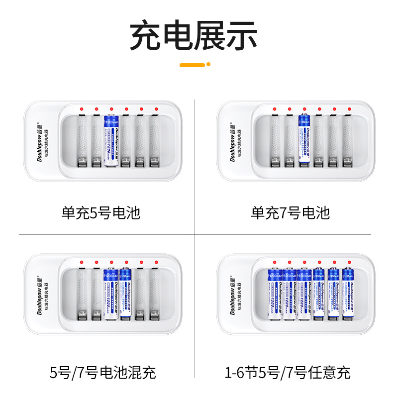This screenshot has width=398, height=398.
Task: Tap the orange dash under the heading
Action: [192, 65]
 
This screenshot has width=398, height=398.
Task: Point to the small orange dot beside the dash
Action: [208, 64]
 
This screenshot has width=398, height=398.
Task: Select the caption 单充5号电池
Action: [101, 213]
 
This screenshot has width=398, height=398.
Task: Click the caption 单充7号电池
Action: [290, 213]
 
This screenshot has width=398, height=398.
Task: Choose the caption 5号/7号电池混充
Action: [103, 372]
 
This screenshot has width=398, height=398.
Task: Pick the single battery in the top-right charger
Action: [304, 140]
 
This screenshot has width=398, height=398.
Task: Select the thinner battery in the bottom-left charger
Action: [126, 294]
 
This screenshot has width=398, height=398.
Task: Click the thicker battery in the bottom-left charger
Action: [111, 294]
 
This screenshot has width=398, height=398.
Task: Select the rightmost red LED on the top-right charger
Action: [350, 109]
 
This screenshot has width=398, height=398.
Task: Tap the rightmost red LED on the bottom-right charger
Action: [350, 262]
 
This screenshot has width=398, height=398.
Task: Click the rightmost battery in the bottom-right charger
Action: [348, 294]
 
